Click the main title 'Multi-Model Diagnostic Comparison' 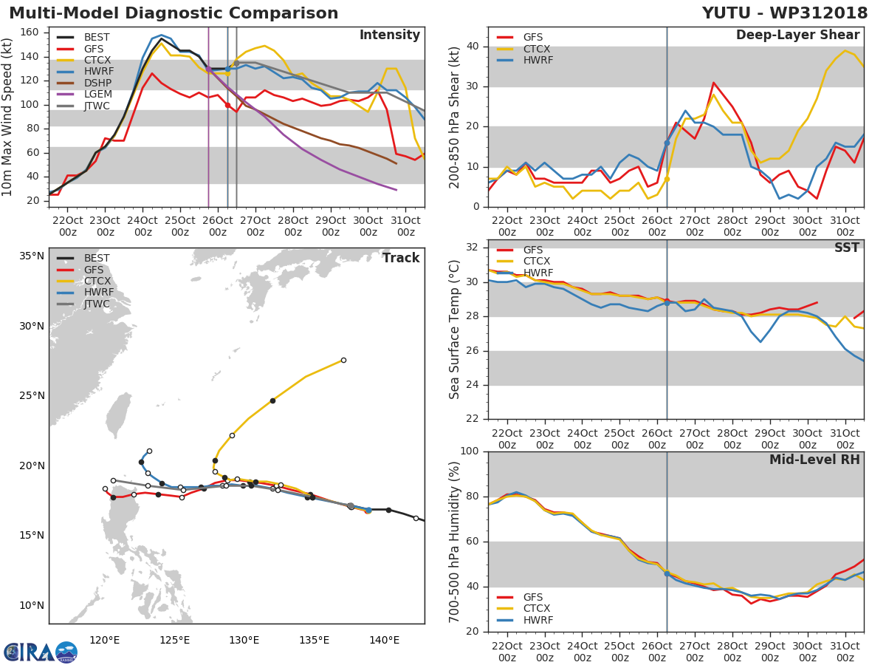pos(174,13)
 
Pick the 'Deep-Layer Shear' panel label pos(797,35)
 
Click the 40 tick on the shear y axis pos(473,47)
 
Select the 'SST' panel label pos(846,248)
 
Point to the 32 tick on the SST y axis pos(473,248)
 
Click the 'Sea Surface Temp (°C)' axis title pos(454,330)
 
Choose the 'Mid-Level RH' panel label pos(814,460)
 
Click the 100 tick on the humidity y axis pos(470,451)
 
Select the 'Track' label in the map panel pos(400,258)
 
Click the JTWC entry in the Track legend pos(97,304)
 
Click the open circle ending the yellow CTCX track pos(343,360)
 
